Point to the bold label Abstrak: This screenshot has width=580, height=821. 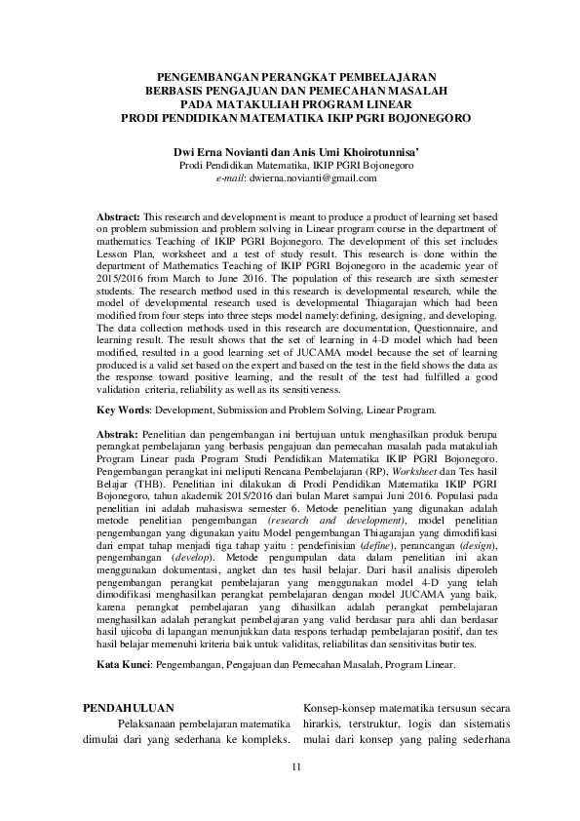coord(118,435)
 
